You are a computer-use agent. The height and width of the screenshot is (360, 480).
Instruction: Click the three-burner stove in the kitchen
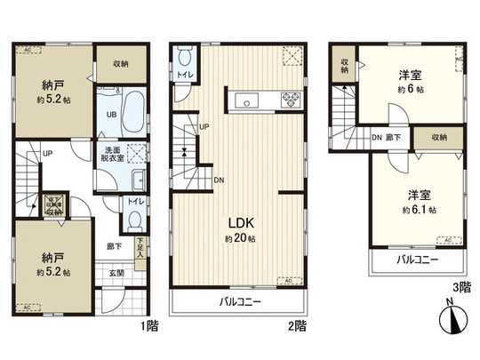coord(292,99)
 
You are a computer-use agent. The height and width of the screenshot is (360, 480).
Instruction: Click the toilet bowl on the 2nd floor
coord(184,58)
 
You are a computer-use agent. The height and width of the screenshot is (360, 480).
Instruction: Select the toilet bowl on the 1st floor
coord(133,220)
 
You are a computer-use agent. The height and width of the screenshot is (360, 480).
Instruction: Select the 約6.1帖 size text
coord(412,209)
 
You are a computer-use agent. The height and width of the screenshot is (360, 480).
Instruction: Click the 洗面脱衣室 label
coord(111,153)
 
